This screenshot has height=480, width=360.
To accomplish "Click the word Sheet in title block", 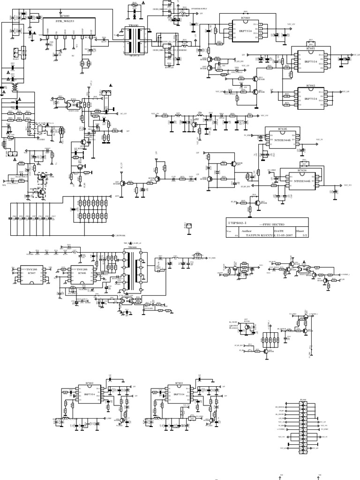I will pyautogui.click(x=300, y=231).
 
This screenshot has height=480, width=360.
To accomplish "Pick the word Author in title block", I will pyautogui.click(x=246, y=231).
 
